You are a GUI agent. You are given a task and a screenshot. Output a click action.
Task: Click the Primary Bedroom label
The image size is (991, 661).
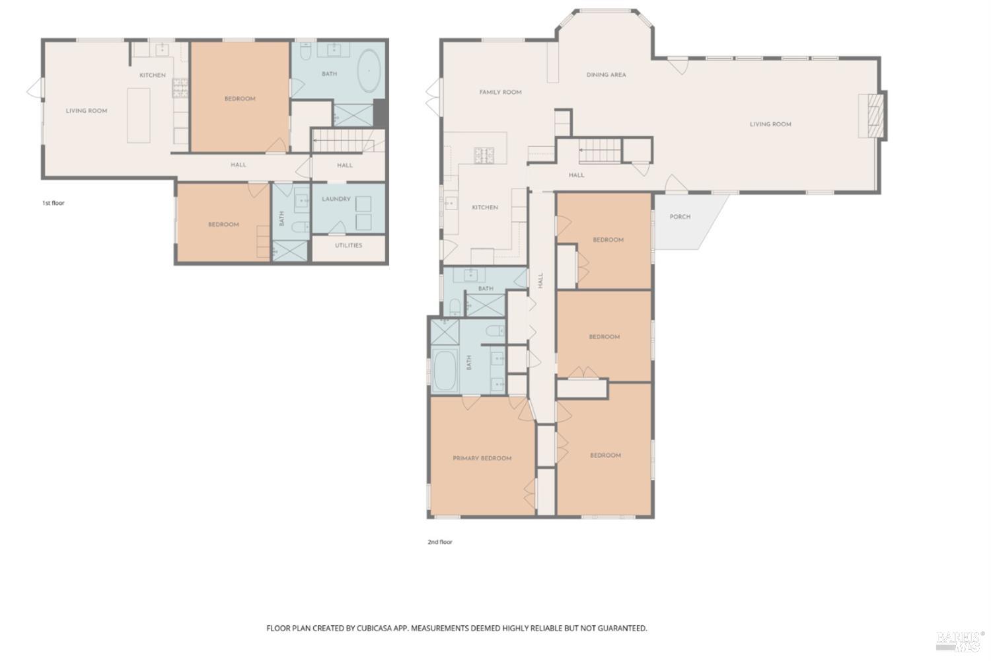click(x=482, y=458)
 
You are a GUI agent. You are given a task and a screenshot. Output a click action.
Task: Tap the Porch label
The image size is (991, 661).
click(x=680, y=217)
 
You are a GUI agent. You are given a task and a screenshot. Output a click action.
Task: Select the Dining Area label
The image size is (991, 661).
click(x=606, y=75)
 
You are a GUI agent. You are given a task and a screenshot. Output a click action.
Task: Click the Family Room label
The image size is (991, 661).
click(x=500, y=93)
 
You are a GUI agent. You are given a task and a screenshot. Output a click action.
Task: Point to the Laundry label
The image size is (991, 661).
click(x=336, y=199)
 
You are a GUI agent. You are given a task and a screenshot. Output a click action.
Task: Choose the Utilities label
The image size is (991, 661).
click(x=348, y=245)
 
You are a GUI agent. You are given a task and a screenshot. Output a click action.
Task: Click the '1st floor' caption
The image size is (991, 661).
click(x=53, y=203)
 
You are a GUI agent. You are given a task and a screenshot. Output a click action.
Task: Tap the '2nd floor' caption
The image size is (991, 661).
click(x=439, y=542)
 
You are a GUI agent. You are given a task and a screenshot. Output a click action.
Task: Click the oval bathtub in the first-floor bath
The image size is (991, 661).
click(x=369, y=73)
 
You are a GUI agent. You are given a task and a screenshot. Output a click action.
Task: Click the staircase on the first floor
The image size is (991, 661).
click(x=338, y=141)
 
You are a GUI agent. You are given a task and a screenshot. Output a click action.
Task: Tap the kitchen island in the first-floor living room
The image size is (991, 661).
click(x=139, y=114)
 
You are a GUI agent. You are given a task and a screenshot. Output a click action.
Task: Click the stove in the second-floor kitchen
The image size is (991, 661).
click(x=484, y=156)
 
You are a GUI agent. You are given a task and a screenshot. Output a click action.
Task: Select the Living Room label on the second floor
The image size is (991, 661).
click(x=770, y=124)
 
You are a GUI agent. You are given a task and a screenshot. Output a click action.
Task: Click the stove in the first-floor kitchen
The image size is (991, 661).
click(x=180, y=88)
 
